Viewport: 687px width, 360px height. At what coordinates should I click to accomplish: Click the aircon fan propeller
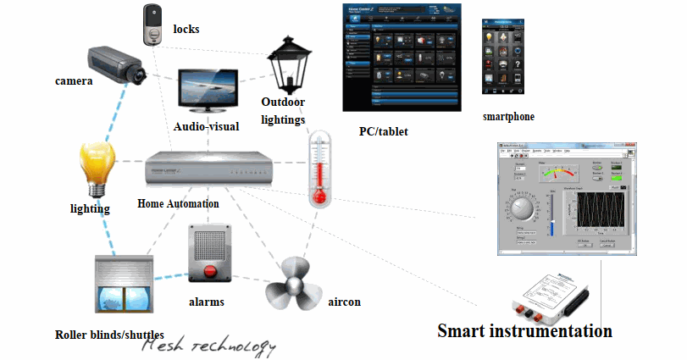pos(292,285)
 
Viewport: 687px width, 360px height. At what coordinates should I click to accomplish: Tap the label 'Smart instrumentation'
pos(524,330)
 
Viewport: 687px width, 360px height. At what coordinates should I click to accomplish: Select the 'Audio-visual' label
pos(207,126)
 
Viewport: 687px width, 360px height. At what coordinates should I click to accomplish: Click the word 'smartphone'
pos(508,116)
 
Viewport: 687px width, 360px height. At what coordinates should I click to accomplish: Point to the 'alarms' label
pos(206,302)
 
